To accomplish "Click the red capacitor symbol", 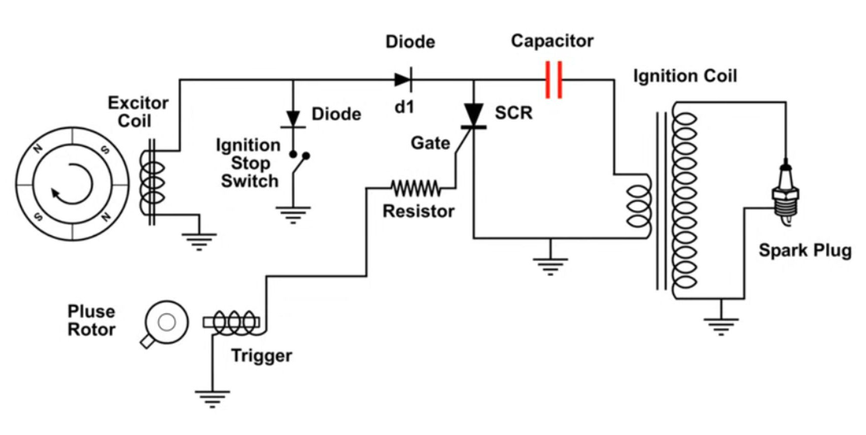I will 554,80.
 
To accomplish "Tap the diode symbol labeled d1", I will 404,80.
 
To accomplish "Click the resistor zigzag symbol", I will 416,189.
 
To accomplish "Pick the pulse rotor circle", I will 166,322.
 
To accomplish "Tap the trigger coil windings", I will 234,323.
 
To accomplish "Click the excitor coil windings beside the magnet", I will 152,183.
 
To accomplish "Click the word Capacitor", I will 552,41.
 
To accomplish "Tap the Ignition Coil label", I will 685,76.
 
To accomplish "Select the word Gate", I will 430,143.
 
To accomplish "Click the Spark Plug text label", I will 805,251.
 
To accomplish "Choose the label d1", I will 405,107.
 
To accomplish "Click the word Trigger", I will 261,356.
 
